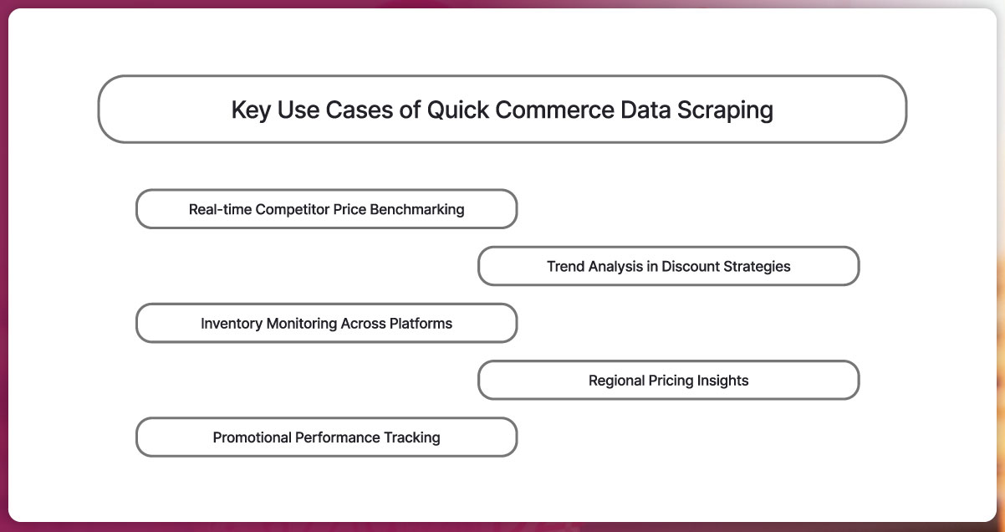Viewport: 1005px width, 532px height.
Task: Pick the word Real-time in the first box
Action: coord(220,209)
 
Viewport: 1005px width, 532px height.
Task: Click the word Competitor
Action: coord(292,209)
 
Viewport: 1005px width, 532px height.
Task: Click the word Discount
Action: coord(692,267)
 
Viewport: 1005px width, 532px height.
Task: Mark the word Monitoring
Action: coord(304,324)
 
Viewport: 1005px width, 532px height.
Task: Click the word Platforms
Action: coord(421,324)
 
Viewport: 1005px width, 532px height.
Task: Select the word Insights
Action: coord(723,381)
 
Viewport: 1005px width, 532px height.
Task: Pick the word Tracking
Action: coord(411,437)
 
